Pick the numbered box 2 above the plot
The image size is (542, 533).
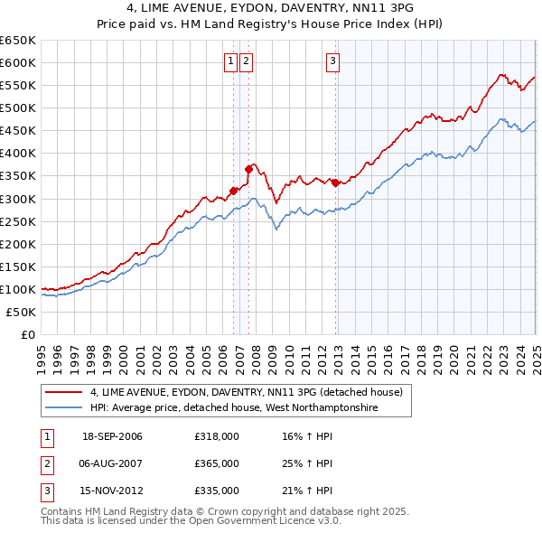[246, 61]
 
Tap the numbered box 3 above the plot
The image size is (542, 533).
[332, 61]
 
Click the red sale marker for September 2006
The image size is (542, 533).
[234, 190]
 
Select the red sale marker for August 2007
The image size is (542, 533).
[248, 169]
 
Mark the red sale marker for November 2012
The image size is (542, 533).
[336, 182]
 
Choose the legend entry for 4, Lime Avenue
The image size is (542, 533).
[251, 392]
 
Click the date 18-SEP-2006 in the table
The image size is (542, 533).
[112, 436]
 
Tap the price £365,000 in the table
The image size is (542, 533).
[217, 463]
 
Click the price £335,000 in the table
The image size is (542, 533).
[217, 491]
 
